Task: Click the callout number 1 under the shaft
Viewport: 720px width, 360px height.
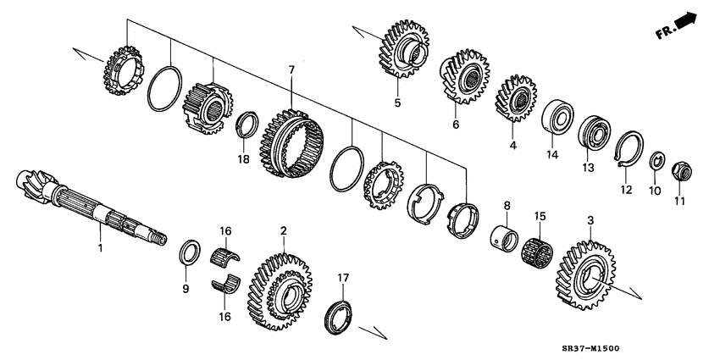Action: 100,248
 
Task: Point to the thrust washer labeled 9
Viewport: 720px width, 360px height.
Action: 191,252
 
